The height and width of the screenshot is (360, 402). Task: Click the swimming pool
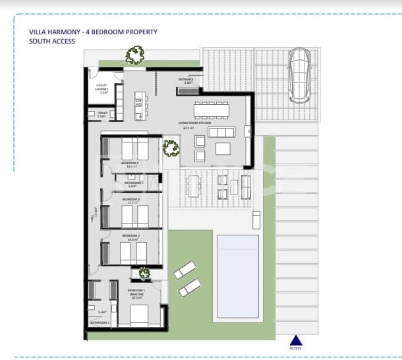click(238, 278)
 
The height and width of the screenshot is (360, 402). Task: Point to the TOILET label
click(102, 114)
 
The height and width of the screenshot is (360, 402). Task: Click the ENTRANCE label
click(186, 81)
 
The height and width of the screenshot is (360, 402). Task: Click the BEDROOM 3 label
click(130, 200)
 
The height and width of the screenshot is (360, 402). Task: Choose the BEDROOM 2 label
click(130, 236)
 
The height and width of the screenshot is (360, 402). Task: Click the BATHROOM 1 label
click(100, 322)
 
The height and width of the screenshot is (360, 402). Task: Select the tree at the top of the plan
click(136, 55)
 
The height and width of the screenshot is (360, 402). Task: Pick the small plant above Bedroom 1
click(143, 274)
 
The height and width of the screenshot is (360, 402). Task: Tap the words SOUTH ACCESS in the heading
click(52, 41)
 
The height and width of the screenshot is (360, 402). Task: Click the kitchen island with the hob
click(138, 105)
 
